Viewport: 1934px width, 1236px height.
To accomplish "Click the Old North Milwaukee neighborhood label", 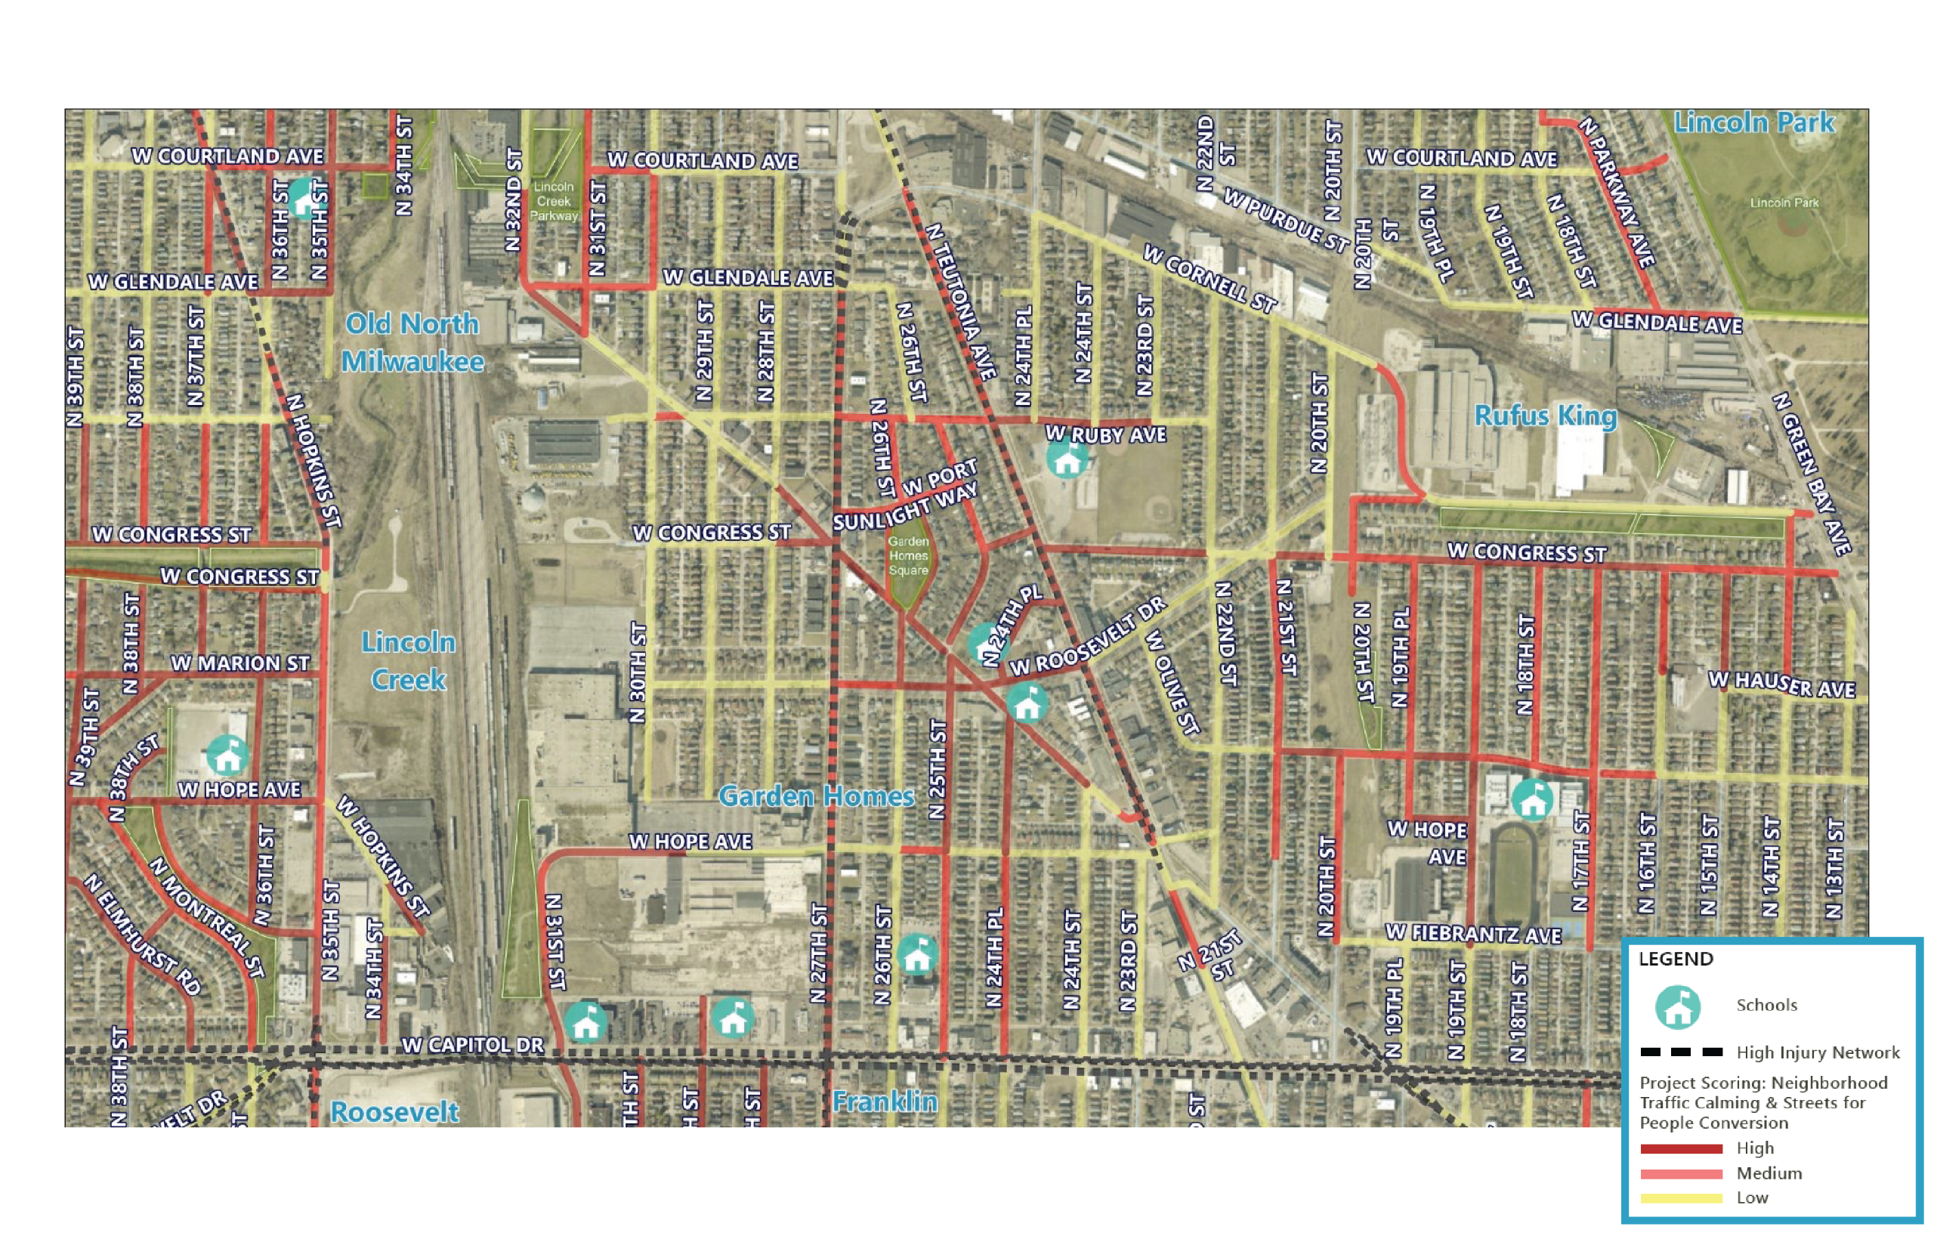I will tap(412, 343).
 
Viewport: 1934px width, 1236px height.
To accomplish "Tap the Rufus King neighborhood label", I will tap(1544, 416).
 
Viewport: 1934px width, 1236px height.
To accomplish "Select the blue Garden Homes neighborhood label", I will tap(816, 796).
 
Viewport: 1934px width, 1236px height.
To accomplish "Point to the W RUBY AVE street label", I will tap(1105, 434).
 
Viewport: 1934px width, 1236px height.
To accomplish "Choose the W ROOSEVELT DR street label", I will tap(1086, 636).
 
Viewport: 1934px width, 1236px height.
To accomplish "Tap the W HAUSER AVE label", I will tap(1781, 684).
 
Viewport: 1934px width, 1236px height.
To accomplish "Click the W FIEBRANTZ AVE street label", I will tap(1473, 934).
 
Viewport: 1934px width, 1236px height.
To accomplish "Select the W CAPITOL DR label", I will tap(472, 1045).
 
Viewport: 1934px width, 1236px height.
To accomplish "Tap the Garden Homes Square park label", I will tap(908, 556).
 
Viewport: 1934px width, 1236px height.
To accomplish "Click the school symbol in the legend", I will tap(1677, 1006).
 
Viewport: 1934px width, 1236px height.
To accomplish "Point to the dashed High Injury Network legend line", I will tap(1681, 1052).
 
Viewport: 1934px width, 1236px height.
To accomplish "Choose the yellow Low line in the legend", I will tap(1681, 1198).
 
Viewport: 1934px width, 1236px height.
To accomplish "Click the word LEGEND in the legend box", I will tap(1676, 959).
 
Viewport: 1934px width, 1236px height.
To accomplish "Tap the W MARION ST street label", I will tap(239, 663).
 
